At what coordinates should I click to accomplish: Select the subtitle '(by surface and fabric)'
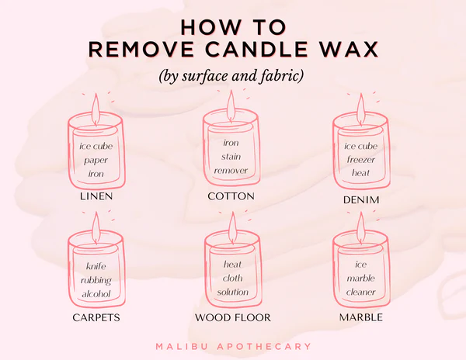[232, 77]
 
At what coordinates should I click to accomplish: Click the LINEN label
[96, 196]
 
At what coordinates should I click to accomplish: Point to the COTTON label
[231, 196]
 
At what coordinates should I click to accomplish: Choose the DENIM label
[360, 199]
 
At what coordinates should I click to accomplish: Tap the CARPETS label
[96, 317]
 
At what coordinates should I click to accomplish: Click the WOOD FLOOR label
[231, 317]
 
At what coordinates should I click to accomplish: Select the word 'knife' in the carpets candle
[96, 267]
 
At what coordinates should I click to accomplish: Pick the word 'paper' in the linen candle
[96, 161]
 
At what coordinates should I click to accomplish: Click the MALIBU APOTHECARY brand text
[232, 346]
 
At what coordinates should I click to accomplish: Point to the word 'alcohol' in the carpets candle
[96, 294]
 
